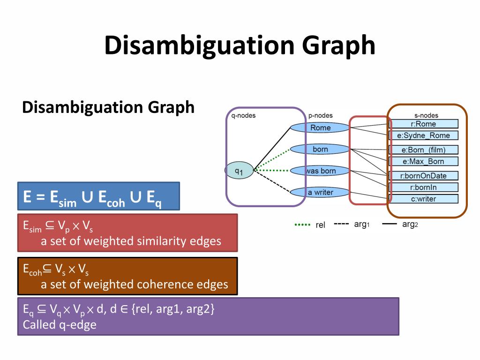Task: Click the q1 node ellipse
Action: tap(239, 171)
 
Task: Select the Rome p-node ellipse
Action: tap(320, 127)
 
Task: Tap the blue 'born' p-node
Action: tap(320, 150)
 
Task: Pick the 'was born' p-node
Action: tap(321, 171)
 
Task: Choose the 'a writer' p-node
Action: tap(320, 192)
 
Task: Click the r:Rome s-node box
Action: tap(424, 124)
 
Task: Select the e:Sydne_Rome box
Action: tap(424, 135)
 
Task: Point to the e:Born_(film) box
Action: tap(424, 150)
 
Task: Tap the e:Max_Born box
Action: tap(424, 161)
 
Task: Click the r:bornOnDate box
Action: tap(424, 176)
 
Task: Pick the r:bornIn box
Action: tap(424, 187)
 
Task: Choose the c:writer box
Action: tap(424, 199)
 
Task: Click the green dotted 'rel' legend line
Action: tap(303, 225)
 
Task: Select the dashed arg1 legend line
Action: tap(341, 224)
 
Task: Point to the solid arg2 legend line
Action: tap(390, 224)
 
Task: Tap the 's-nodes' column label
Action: tap(426, 116)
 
